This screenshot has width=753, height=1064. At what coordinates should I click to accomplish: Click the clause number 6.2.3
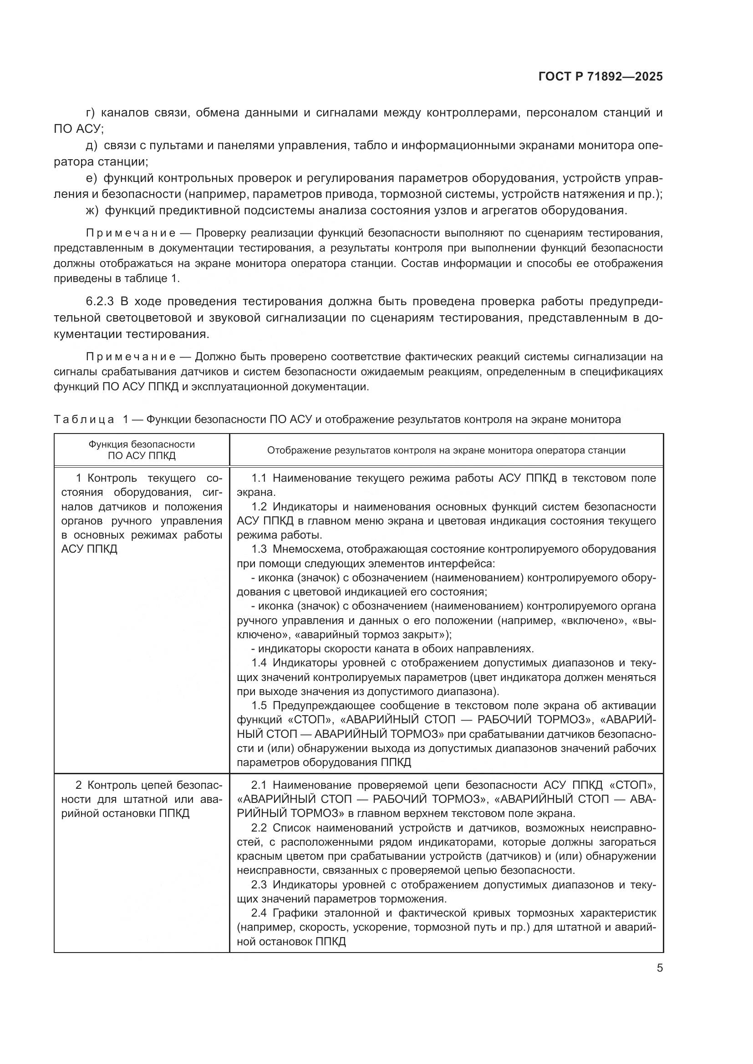(100, 302)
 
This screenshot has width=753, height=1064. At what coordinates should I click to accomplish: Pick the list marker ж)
(92, 211)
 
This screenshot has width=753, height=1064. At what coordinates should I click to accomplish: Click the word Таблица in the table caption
(83, 419)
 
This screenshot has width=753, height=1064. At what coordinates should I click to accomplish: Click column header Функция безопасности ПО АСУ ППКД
(142, 449)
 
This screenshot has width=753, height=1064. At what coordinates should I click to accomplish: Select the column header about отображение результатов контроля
(446, 450)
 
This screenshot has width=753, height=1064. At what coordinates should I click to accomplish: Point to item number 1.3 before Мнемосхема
(259, 549)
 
